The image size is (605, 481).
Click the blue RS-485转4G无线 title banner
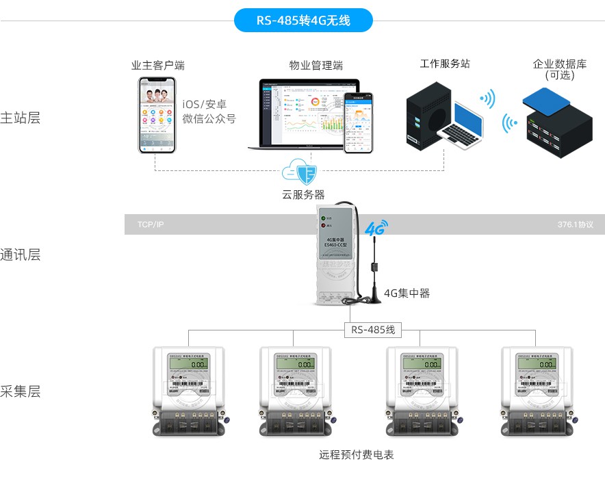(303, 21)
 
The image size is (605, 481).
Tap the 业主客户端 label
(158, 66)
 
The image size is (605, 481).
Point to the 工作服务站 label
(445, 64)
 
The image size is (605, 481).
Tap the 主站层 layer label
(21, 117)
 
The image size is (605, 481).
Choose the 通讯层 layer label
(21, 255)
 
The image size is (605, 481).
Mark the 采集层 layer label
(21, 391)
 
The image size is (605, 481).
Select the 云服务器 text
(303, 194)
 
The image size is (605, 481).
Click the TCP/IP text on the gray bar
(151, 224)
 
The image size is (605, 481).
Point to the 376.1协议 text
(575, 224)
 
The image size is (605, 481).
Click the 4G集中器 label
(407, 294)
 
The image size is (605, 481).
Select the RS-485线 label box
(373, 330)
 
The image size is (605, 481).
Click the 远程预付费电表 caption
(356, 454)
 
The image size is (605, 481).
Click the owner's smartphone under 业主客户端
(155, 114)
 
